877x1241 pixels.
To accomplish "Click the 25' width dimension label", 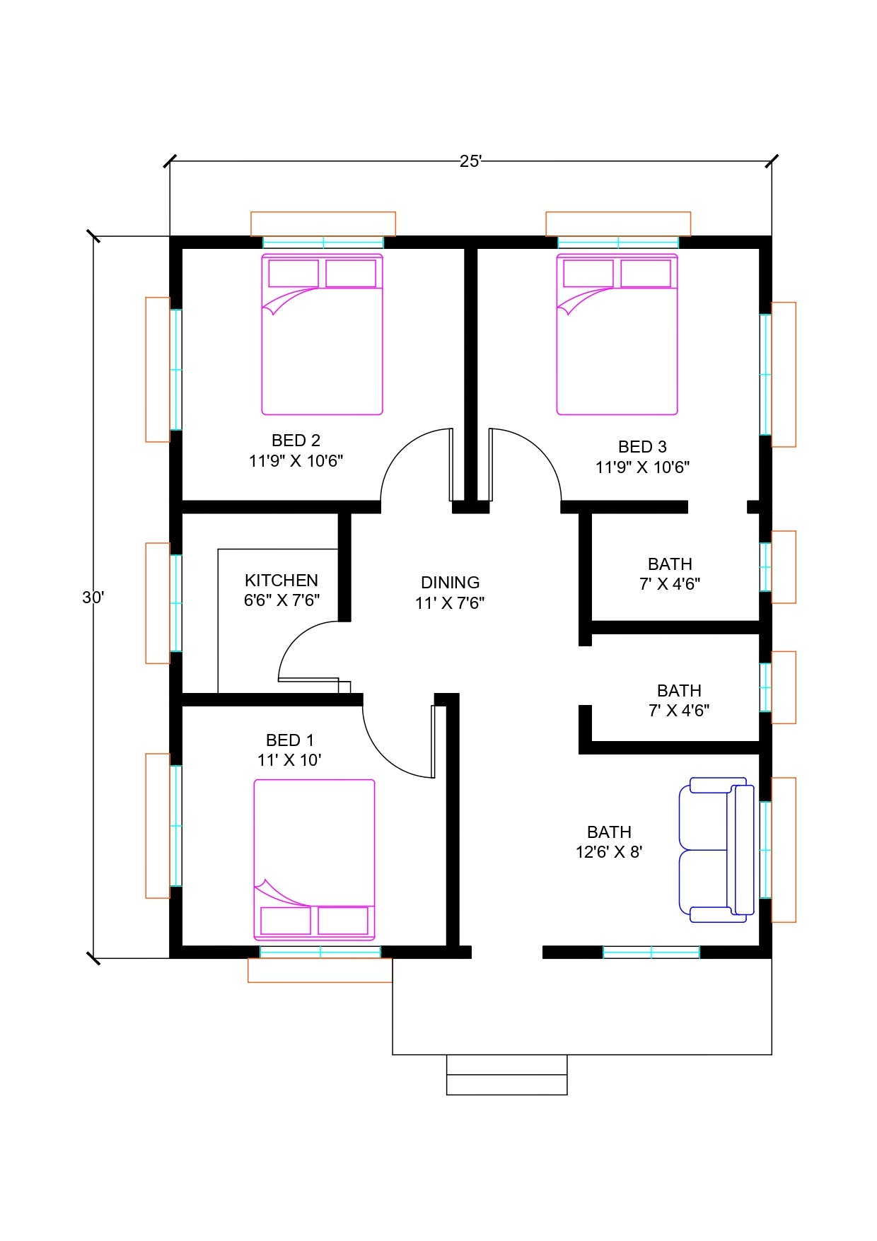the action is (470, 161).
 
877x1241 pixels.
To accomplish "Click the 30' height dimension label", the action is (93, 598).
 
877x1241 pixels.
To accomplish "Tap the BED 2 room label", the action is (296, 441).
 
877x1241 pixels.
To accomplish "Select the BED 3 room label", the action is (642, 447).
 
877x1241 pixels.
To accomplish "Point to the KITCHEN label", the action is (281, 581).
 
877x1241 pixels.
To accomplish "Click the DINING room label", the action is (450, 583).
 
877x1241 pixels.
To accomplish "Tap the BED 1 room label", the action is (289, 740).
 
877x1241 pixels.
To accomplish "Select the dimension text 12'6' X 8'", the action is (609, 852).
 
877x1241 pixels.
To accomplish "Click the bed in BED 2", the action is (323, 334).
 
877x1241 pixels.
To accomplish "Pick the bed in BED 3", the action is (617, 334).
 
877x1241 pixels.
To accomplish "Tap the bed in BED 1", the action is (314, 860).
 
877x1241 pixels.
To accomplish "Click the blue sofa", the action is (716, 850).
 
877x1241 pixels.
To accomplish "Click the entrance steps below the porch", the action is (506, 1075).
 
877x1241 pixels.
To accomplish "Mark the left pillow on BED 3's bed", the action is (588, 274).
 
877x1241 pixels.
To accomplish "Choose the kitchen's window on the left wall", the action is (176, 603).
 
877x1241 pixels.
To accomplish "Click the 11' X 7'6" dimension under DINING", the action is (450, 603).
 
